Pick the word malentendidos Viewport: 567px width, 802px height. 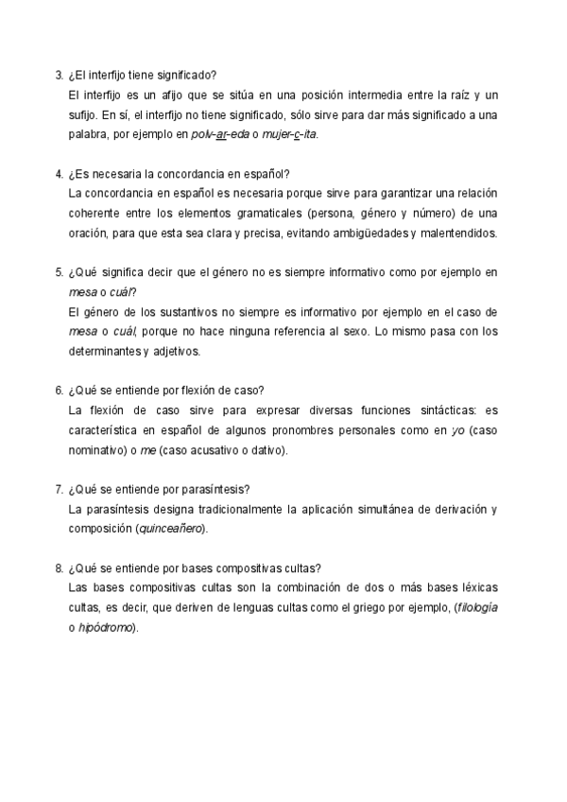[463, 233]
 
